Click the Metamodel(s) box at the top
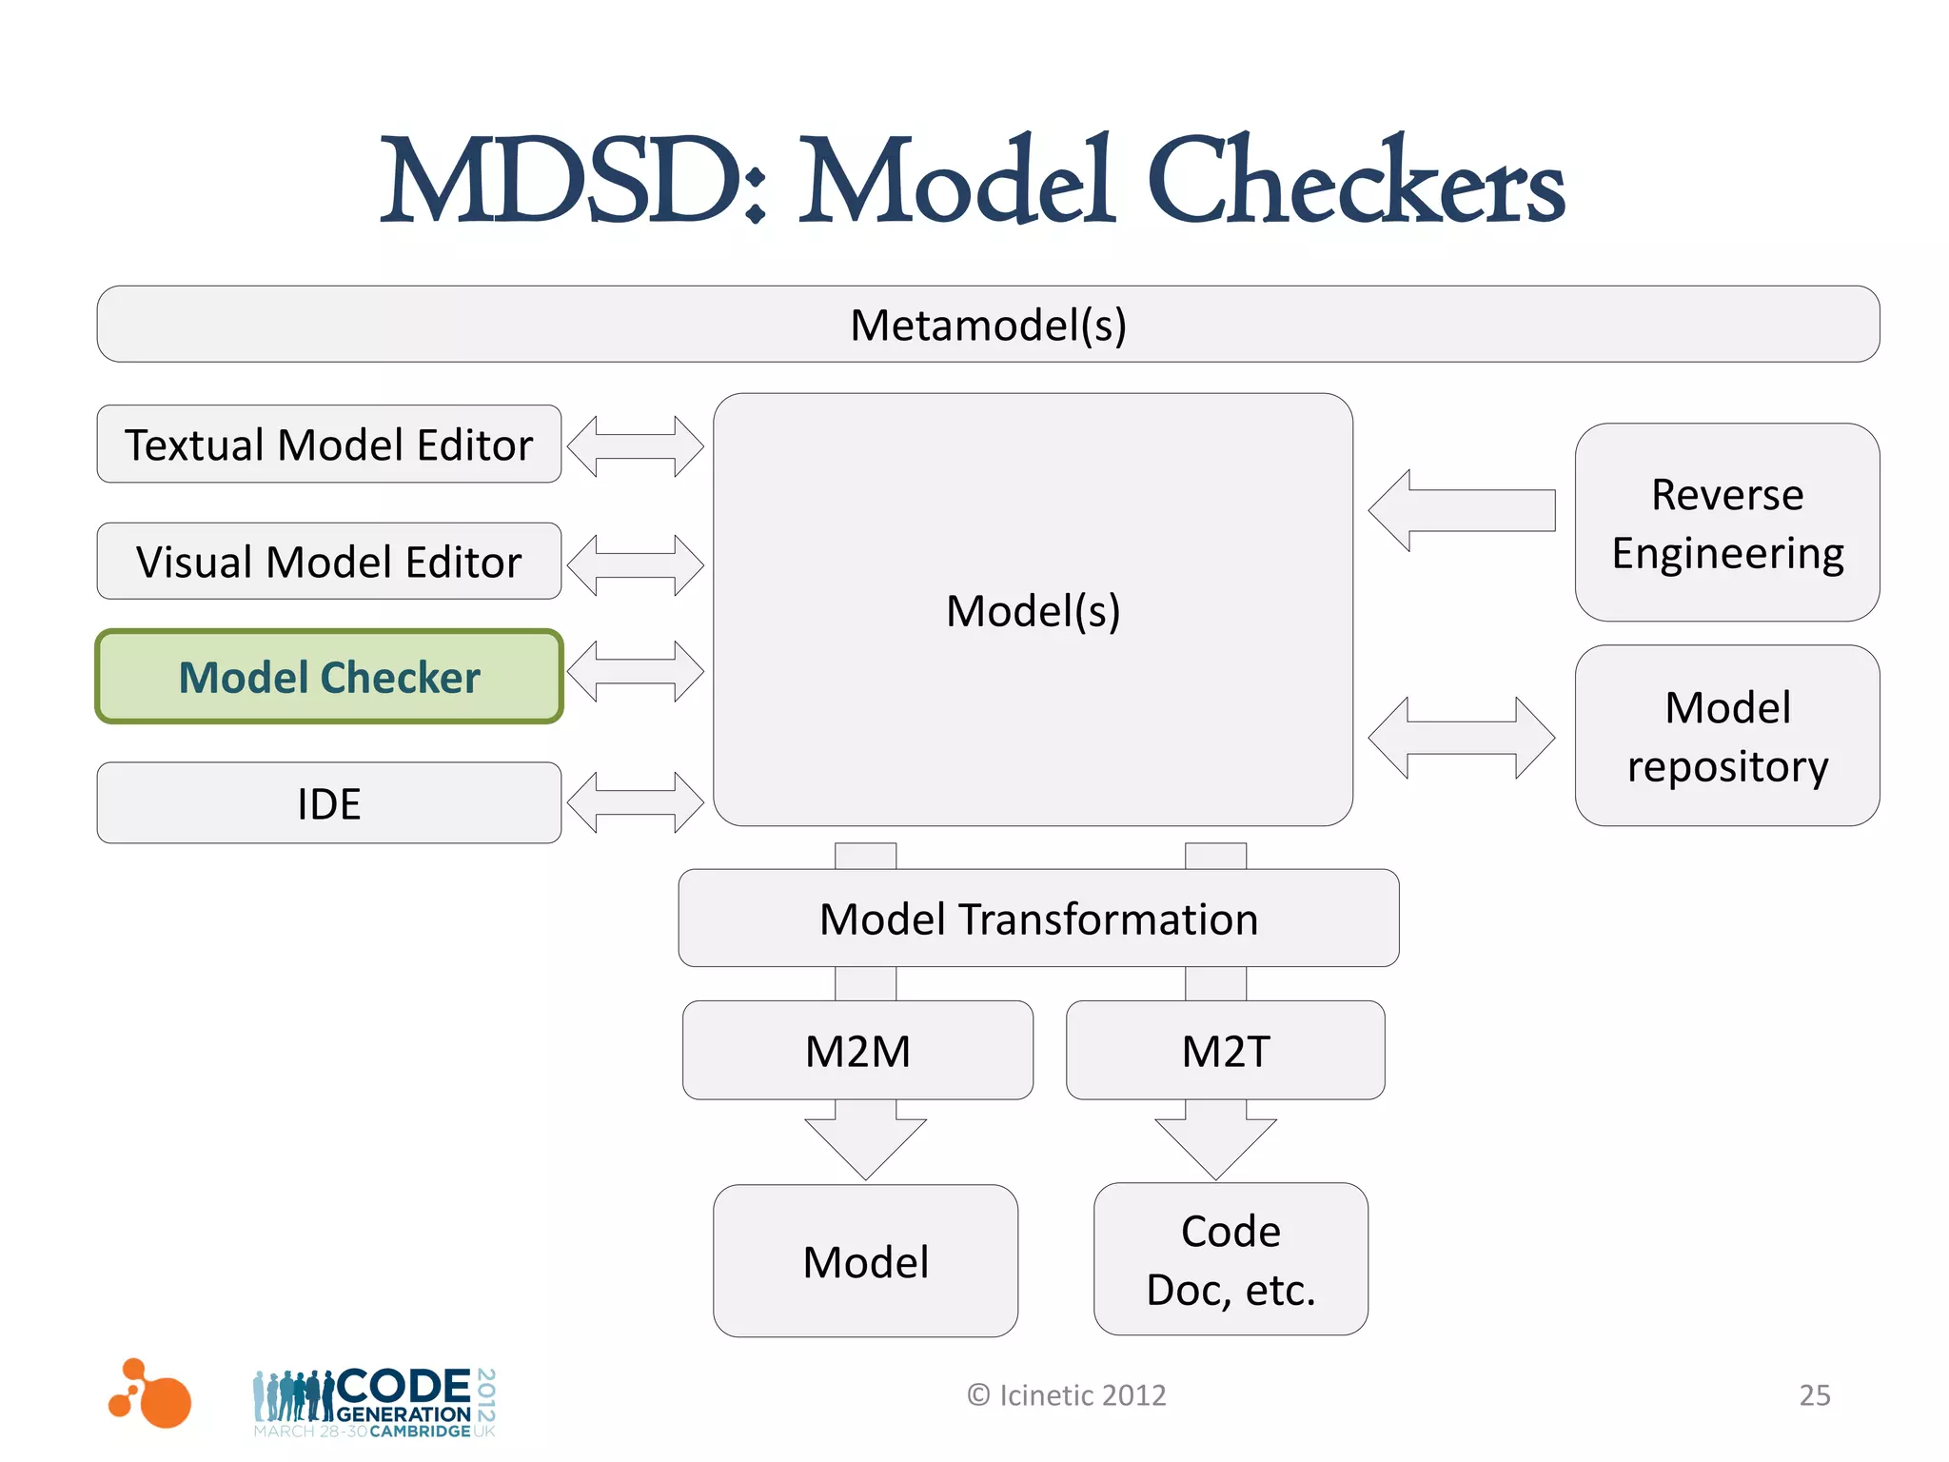[x=988, y=325]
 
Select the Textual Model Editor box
[x=328, y=445]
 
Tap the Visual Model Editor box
[x=328, y=562]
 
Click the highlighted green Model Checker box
[x=328, y=677]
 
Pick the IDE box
[x=328, y=803]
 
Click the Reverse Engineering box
[x=1726, y=523]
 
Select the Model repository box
[x=1726, y=736]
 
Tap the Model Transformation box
[x=1038, y=919]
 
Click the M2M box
[x=857, y=1051]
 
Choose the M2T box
[x=1225, y=1051]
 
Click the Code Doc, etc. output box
[x=1230, y=1259]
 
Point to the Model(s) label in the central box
[x=1033, y=610]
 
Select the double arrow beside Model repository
[x=1461, y=738]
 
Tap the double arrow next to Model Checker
[x=635, y=671]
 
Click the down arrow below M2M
[x=865, y=1141]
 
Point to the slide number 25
[x=1814, y=1394]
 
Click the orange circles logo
[x=151, y=1394]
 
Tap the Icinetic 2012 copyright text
[x=1067, y=1394]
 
